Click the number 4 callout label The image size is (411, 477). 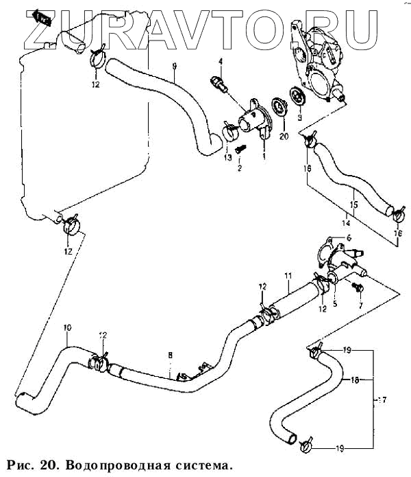[221, 62]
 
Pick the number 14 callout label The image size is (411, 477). [347, 222]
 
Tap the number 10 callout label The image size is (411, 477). [67, 327]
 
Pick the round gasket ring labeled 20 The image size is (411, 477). [279, 107]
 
